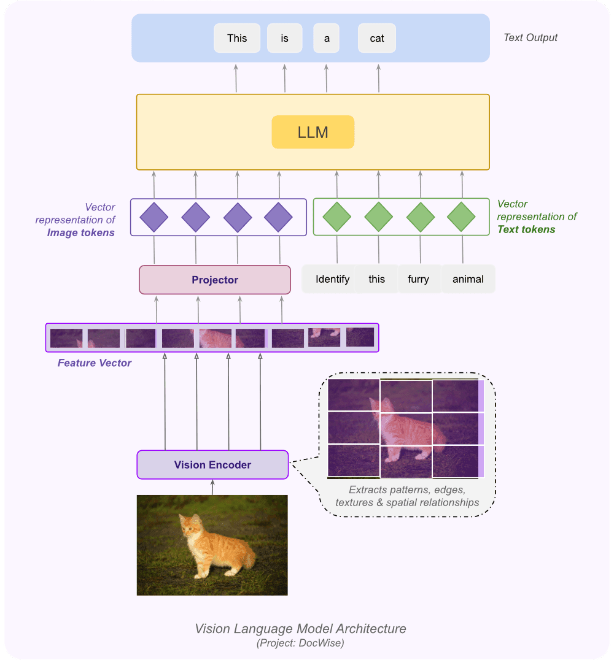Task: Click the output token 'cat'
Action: [377, 38]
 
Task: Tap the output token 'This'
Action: [237, 38]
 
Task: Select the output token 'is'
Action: [285, 38]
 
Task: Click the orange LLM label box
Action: [313, 132]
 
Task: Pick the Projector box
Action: [215, 280]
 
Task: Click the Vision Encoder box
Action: [212, 464]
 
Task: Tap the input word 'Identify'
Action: [332, 279]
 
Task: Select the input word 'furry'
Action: [418, 279]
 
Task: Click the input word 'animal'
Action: [468, 279]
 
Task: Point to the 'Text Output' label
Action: [530, 37]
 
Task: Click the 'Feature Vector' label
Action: [95, 363]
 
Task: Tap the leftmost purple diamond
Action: [153, 217]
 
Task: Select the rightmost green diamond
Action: [462, 217]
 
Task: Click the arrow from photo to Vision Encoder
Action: [212, 487]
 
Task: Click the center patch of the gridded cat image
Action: [406, 428]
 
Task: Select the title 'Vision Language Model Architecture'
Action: [300, 629]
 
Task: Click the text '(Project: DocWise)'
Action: [301, 643]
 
